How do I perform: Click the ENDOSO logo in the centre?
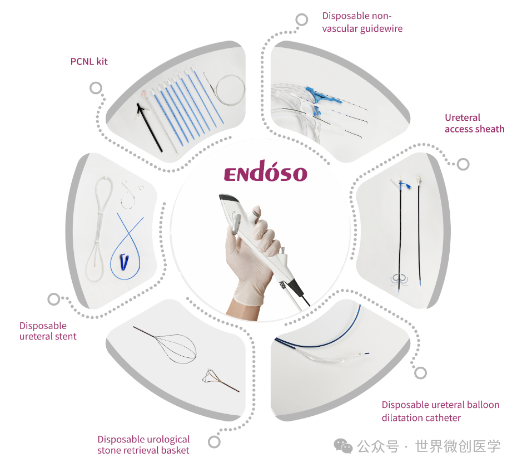[265, 171]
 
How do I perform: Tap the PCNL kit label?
[89, 61]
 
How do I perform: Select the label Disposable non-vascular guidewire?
[362, 22]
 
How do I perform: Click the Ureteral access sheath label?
[474, 123]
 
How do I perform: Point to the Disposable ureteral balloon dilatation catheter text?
[440, 411]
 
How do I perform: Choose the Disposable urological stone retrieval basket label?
[143, 445]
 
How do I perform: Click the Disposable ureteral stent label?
[48, 331]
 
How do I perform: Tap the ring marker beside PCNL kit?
[96, 88]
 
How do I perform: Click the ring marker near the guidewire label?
[302, 20]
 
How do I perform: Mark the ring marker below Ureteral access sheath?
[463, 164]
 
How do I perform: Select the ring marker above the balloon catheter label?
[421, 373]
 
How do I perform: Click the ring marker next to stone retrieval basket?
[215, 441]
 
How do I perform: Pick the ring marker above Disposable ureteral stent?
[54, 299]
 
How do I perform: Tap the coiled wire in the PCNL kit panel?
[231, 90]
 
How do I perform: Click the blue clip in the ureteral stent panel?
[124, 262]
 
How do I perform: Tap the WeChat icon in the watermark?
[343, 446]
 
